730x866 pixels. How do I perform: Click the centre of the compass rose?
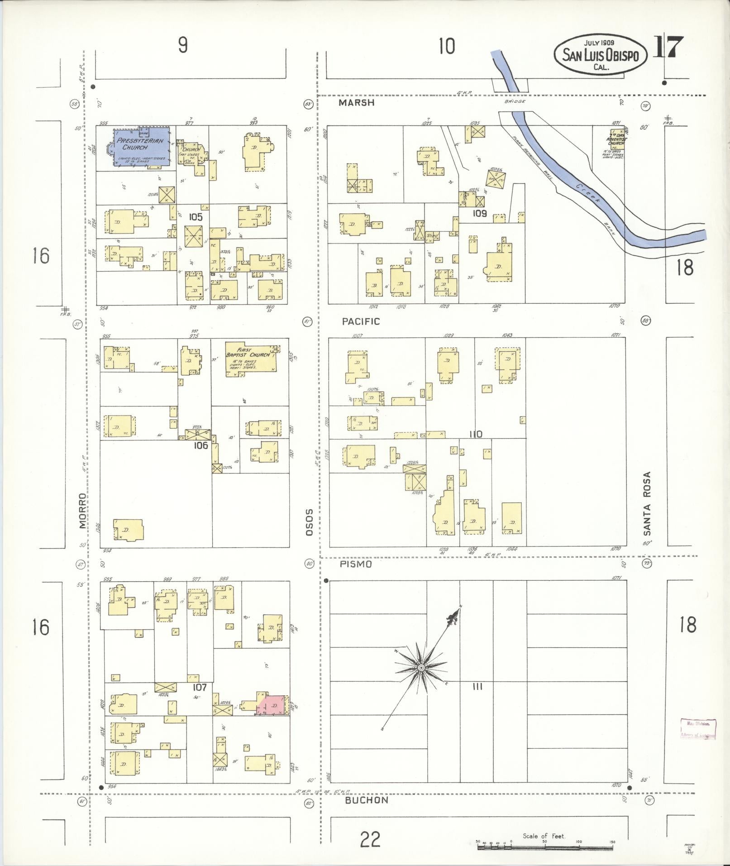point(421,668)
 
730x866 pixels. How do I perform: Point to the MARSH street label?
point(357,103)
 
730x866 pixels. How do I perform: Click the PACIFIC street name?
point(361,321)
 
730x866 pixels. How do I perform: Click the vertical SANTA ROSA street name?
point(647,502)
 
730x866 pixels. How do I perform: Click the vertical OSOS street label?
point(310,522)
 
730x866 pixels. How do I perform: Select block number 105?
point(196,217)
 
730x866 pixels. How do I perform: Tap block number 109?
point(479,213)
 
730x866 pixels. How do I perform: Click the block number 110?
point(476,434)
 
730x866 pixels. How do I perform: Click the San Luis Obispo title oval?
point(600,55)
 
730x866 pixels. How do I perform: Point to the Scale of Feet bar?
point(544,846)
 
